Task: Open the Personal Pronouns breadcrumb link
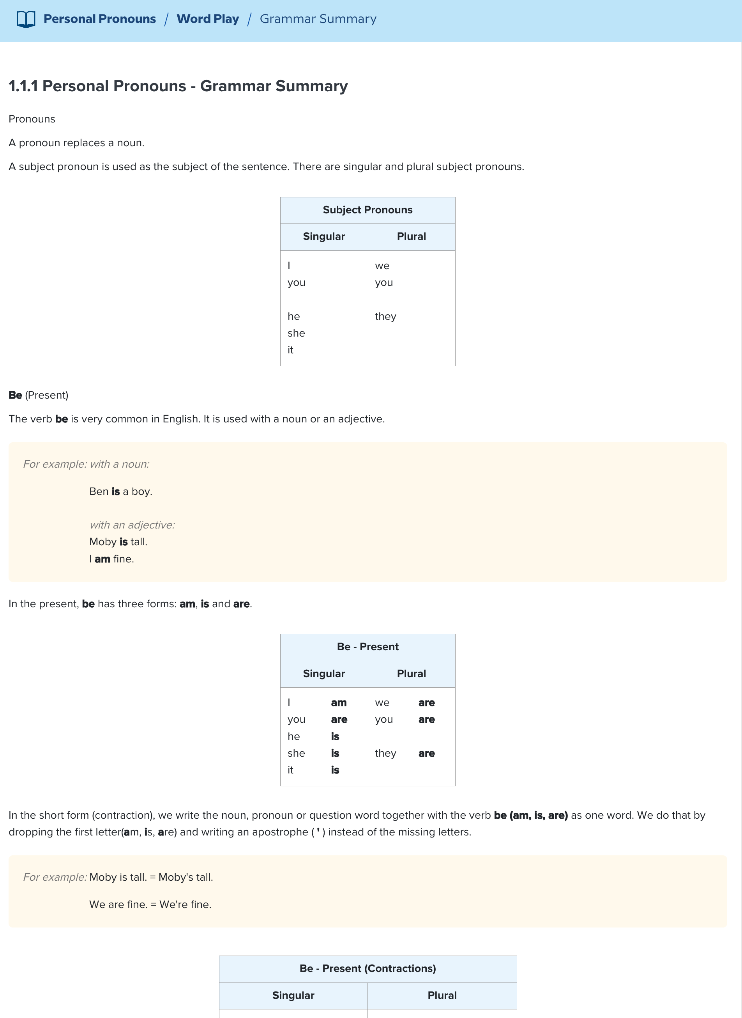[x=99, y=19]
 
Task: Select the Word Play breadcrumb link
[x=207, y=19]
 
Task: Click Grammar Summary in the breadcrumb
[x=318, y=19]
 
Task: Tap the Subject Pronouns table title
[x=367, y=210]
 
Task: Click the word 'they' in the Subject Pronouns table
[x=385, y=316]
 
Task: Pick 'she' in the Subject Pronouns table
[x=296, y=333]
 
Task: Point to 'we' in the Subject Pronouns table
[x=382, y=266]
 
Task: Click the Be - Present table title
[x=367, y=647]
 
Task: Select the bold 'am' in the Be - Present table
[x=339, y=702]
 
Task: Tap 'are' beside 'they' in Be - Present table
[x=426, y=753]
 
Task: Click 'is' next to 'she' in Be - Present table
[x=335, y=753]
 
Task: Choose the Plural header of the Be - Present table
[x=411, y=674]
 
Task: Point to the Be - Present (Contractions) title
[x=367, y=968]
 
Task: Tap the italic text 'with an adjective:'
[x=132, y=525]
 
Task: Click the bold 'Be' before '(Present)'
[x=15, y=395]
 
